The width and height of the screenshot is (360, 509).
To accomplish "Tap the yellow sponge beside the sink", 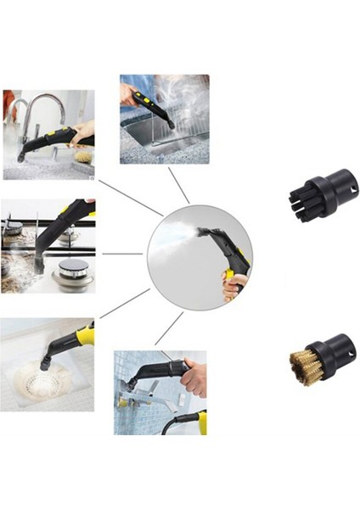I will click(83, 156).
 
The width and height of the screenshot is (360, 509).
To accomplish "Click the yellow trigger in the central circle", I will click(228, 277).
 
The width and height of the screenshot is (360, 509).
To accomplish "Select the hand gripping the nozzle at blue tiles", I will click(194, 378).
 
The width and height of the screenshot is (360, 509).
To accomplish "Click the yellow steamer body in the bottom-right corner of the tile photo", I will click(201, 422).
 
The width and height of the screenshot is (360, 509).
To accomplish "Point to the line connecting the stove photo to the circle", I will click(122, 254).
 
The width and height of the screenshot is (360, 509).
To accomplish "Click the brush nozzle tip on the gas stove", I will click(38, 265).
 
